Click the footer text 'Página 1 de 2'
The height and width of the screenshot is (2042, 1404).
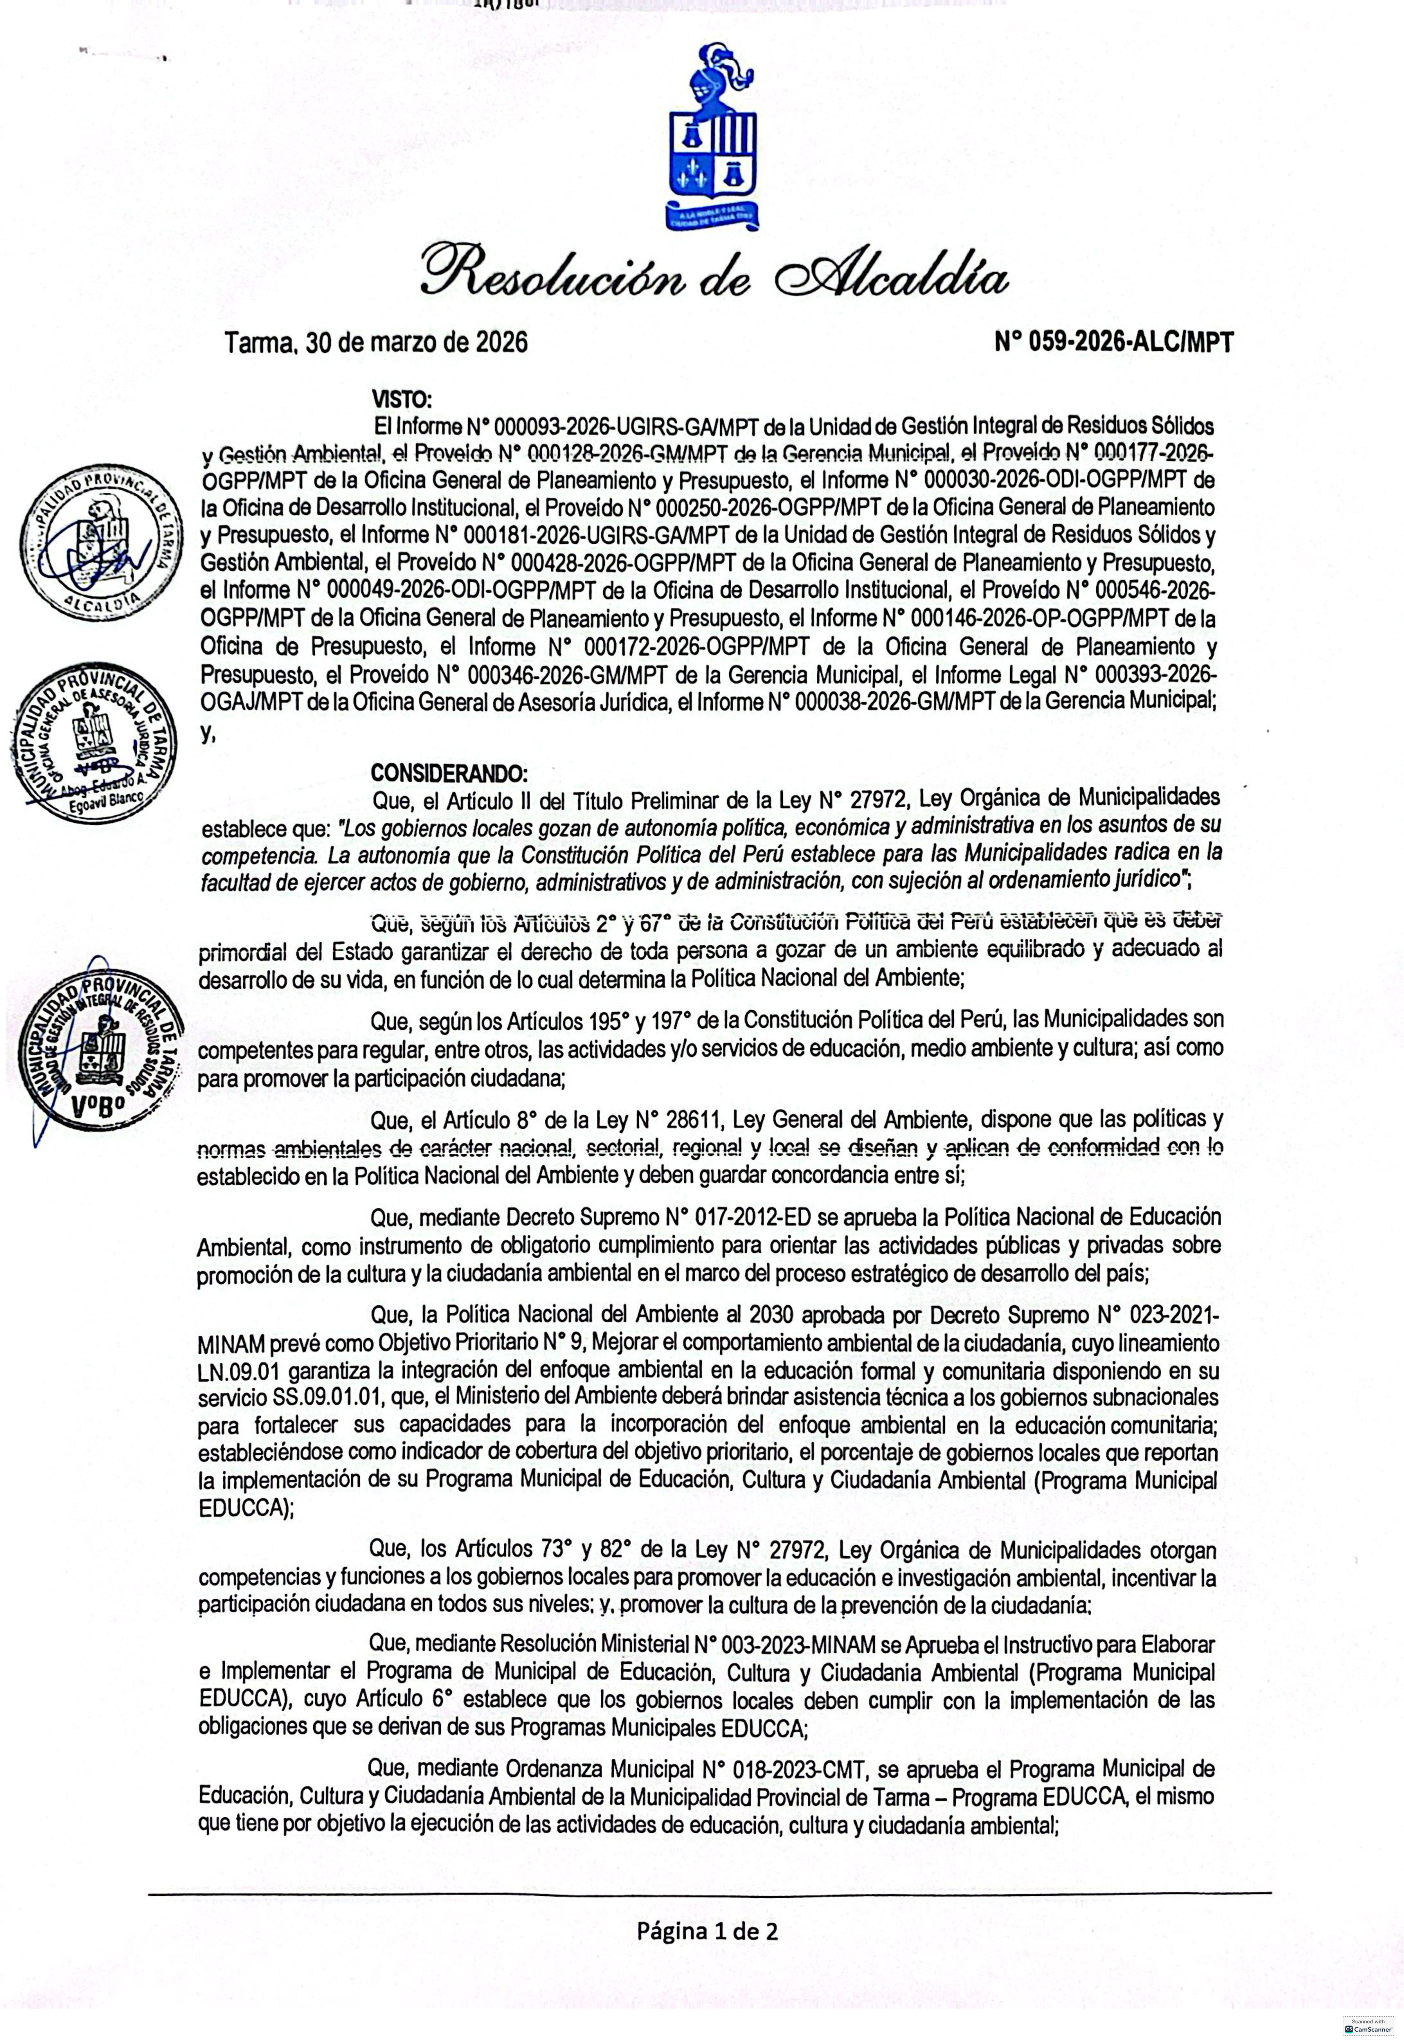[x=707, y=1931]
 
